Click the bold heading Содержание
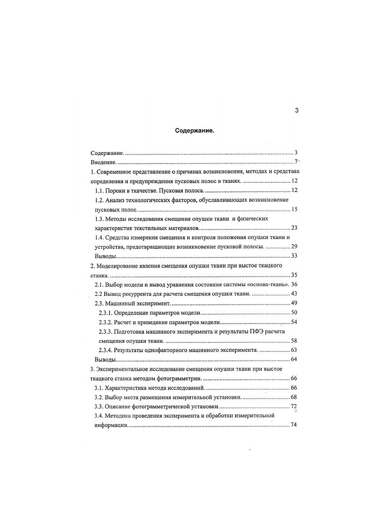[195, 131]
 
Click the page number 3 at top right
[297, 110]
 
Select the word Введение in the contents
[103, 162]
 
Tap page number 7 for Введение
[296, 162]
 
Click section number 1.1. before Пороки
[99, 191]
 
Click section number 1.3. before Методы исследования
[99, 219]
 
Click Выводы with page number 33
[105, 256]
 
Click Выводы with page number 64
[105, 359]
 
